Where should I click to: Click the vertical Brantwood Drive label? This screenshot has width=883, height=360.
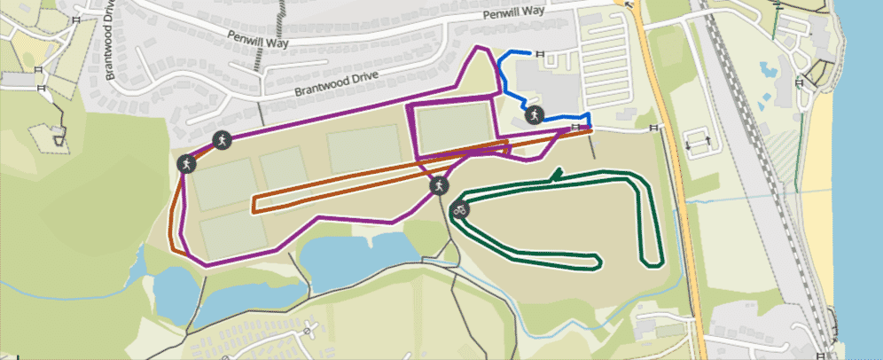tap(110, 42)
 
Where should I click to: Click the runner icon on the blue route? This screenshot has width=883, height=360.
tap(535, 114)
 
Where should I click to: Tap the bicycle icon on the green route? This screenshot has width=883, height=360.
tap(460, 211)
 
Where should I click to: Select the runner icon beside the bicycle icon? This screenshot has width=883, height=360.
tap(438, 186)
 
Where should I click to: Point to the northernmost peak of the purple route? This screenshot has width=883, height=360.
tap(480, 47)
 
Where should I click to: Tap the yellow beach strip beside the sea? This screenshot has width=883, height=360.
tap(819, 222)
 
